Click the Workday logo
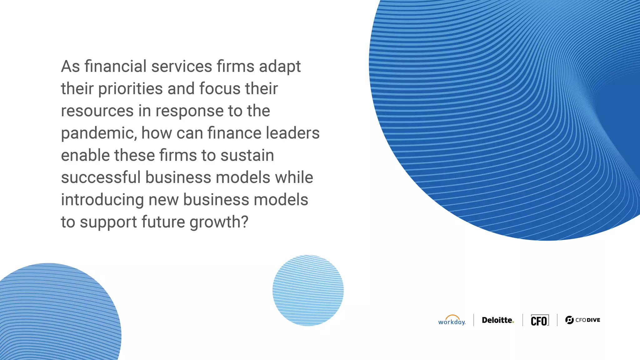coord(452,321)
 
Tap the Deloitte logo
coord(497,320)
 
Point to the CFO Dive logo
coord(583,320)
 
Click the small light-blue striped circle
coord(308,290)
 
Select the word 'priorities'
coord(131,89)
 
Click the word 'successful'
coord(101,177)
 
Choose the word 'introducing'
coord(102,200)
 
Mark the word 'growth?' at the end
coord(219,222)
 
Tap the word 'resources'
coord(97,111)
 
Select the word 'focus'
coord(220,89)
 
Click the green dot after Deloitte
coord(513,322)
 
